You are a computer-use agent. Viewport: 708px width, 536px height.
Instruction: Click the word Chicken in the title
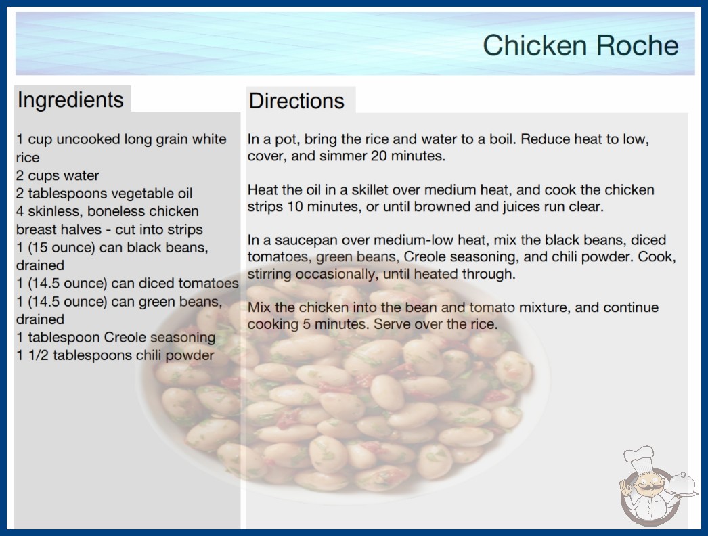pyautogui.click(x=535, y=45)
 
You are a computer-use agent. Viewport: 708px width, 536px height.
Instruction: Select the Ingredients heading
pyautogui.click(x=70, y=100)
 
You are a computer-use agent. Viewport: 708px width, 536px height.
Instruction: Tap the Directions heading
pyautogui.click(x=296, y=101)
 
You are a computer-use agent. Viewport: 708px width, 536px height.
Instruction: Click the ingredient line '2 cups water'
pyautogui.click(x=58, y=176)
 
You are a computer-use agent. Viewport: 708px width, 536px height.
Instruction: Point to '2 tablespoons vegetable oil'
pyautogui.click(x=104, y=194)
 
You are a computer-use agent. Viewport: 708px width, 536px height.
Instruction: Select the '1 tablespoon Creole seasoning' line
pyautogui.click(x=116, y=337)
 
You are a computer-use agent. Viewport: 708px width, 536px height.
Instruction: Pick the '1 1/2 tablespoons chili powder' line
pyautogui.click(x=115, y=355)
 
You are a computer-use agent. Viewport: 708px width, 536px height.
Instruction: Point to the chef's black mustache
pyautogui.click(x=646, y=487)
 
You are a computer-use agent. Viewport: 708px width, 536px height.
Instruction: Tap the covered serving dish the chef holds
pyautogui.click(x=682, y=485)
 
